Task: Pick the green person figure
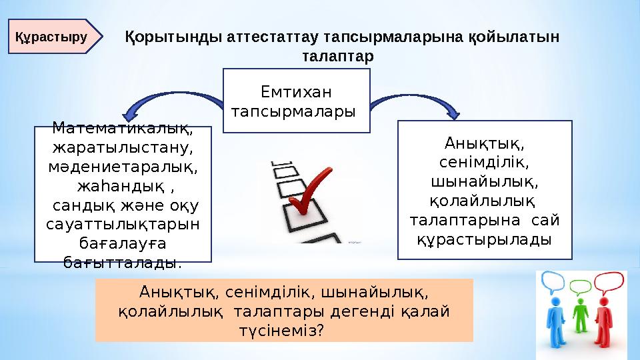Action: [580, 320]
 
